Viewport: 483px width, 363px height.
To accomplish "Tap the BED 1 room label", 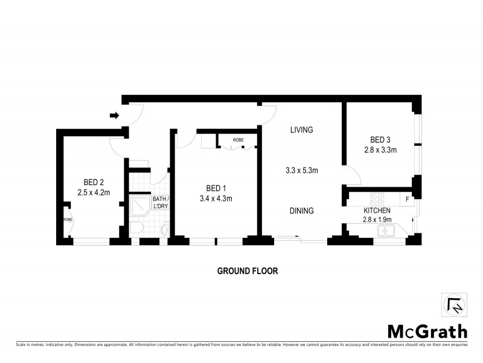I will click(x=216, y=188).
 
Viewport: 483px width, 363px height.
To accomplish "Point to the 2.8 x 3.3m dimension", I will click(x=380, y=150).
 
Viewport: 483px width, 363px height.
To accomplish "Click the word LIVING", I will click(x=301, y=130).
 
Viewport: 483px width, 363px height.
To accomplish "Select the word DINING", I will click(x=301, y=211).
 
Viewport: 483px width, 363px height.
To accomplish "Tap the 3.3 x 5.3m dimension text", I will click(x=301, y=171).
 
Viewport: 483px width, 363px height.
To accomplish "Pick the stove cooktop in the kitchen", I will click(x=377, y=198).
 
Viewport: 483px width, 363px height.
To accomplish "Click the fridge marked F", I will click(x=408, y=198).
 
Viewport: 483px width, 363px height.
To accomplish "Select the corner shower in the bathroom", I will click(x=139, y=206).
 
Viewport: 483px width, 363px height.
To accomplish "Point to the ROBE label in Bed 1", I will click(x=238, y=139).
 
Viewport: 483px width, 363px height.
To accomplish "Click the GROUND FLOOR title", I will click(x=248, y=271).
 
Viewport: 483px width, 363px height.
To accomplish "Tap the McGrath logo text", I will click(x=427, y=332).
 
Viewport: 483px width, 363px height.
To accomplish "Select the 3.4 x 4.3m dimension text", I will click(x=216, y=198).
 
